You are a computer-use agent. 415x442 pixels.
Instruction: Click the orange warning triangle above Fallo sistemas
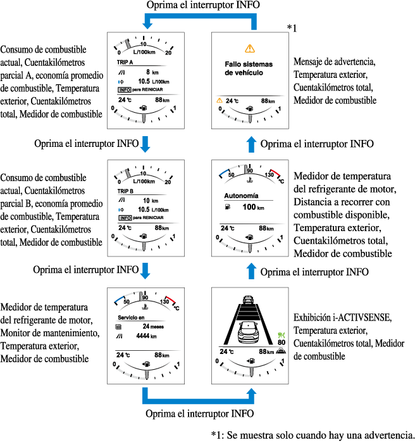pyautogui.click(x=250, y=49)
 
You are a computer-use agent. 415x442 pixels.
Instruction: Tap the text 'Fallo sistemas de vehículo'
pyautogui.click(x=248, y=68)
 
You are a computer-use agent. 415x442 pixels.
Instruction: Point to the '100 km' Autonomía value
pyautogui.click(x=253, y=207)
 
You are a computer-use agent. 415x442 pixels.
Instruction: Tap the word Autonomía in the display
pyautogui.click(x=242, y=196)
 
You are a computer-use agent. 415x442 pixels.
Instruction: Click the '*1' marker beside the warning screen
pyautogui.click(x=292, y=28)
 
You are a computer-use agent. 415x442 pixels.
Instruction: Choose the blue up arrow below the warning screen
pyautogui.click(x=252, y=144)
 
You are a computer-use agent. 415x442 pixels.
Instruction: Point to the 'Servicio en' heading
pyautogui.click(x=132, y=317)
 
